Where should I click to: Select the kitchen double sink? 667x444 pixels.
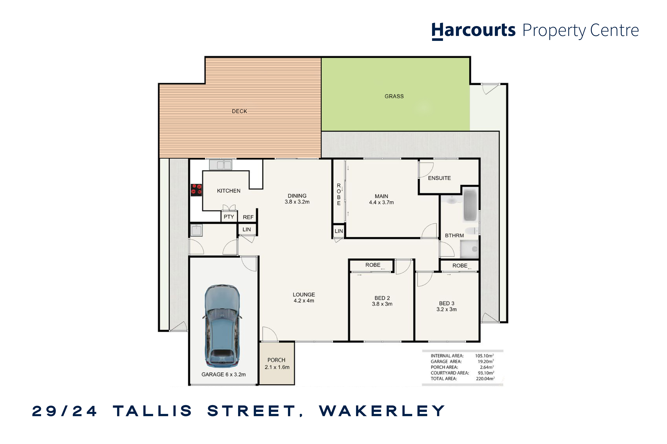point(220,164)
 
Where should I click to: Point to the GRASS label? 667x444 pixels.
point(394,96)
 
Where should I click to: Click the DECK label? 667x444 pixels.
point(239,111)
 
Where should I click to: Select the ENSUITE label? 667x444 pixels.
point(439,178)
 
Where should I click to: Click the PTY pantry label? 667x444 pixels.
point(229,217)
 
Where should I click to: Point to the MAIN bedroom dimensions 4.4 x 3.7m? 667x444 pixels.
point(381,203)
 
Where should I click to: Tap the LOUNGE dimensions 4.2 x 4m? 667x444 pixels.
point(304,301)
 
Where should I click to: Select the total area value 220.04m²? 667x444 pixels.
point(485,379)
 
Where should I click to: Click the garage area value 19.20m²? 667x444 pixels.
point(486,362)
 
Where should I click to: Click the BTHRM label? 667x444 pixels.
point(454,236)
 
